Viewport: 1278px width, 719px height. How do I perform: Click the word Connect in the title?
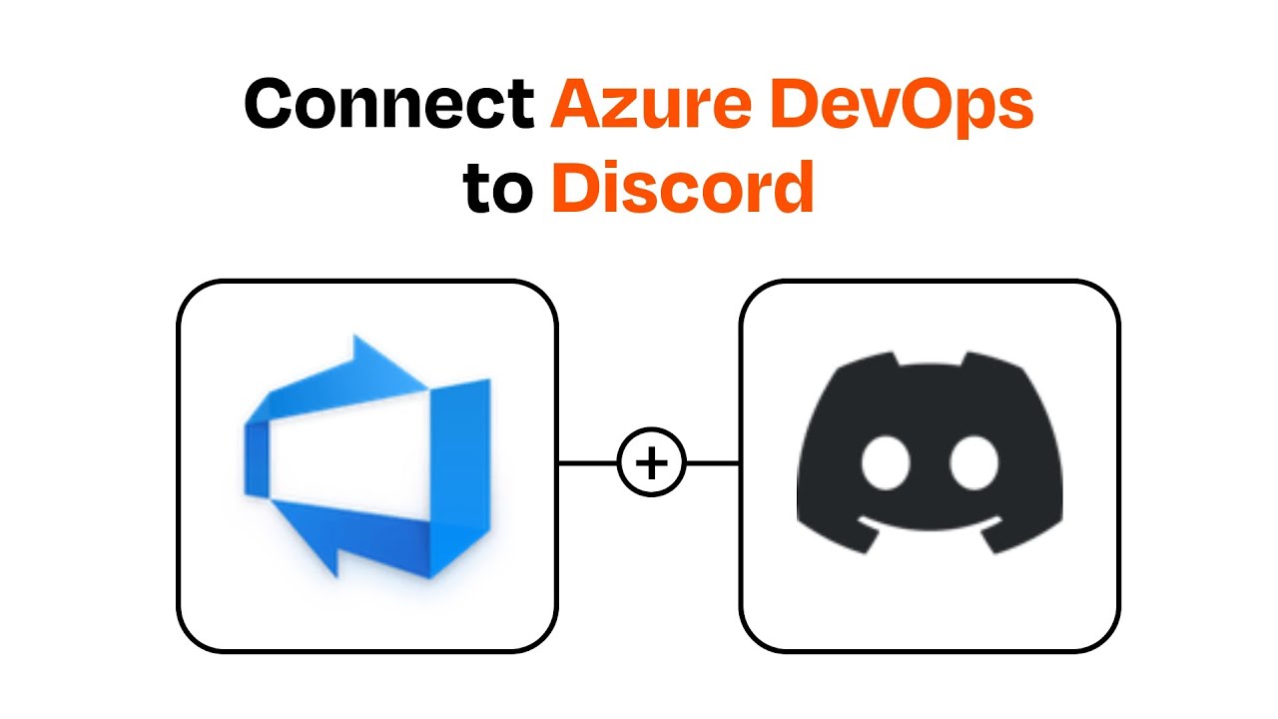pyautogui.click(x=388, y=104)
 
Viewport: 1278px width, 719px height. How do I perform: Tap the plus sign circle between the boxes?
pyautogui.click(x=651, y=463)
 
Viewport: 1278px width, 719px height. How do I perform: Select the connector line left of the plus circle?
pyautogui.click(x=588, y=463)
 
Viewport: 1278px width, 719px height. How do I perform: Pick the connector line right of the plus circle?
pyautogui.click(x=713, y=463)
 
